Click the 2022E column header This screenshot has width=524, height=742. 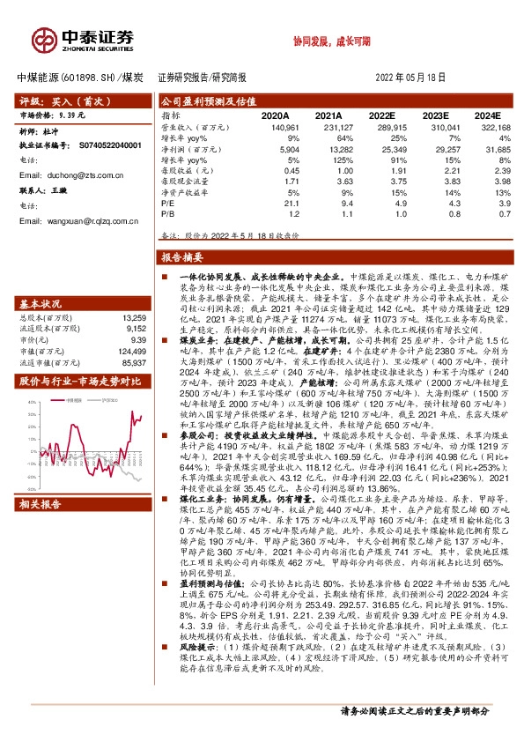[x=381, y=115]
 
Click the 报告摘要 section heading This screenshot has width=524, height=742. [x=183, y=258]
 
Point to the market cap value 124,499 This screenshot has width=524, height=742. [x=129, y=351]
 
